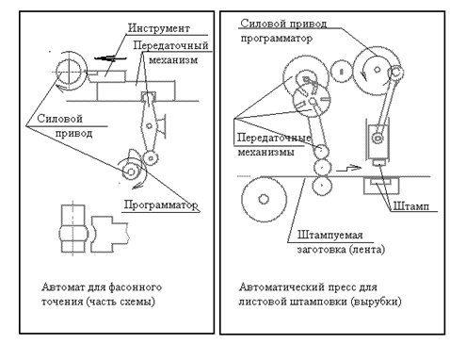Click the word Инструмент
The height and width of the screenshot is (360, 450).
click(x=159, y=28)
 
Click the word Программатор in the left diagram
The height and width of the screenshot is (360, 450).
click(x=161, y=205)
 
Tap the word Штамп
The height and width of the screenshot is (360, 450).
click(x=410, y=206)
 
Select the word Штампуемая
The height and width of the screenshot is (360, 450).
click(x=330, y=235)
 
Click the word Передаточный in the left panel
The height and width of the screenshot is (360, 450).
click(x=170, y=45)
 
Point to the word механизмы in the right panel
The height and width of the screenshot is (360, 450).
click(x=265, y=152)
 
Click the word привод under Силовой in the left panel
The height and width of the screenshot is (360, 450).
click(x=73, y=134)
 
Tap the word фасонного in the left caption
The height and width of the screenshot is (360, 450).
click(x=136, y=287)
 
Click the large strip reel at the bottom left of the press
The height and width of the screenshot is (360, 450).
click(x=264, y=199)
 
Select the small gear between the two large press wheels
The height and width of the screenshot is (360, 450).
click(x=341, y=72)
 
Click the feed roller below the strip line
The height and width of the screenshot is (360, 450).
click(x=322, y=186)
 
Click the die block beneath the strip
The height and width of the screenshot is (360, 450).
click(x=381, y=186)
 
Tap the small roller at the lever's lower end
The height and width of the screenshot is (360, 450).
click(x=151, y=158)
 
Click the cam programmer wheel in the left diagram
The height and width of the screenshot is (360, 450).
click(x=131, y=172)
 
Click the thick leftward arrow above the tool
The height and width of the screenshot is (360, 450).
click(x=110, y=57)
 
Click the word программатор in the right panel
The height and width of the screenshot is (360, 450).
click(x=277, y=39)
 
